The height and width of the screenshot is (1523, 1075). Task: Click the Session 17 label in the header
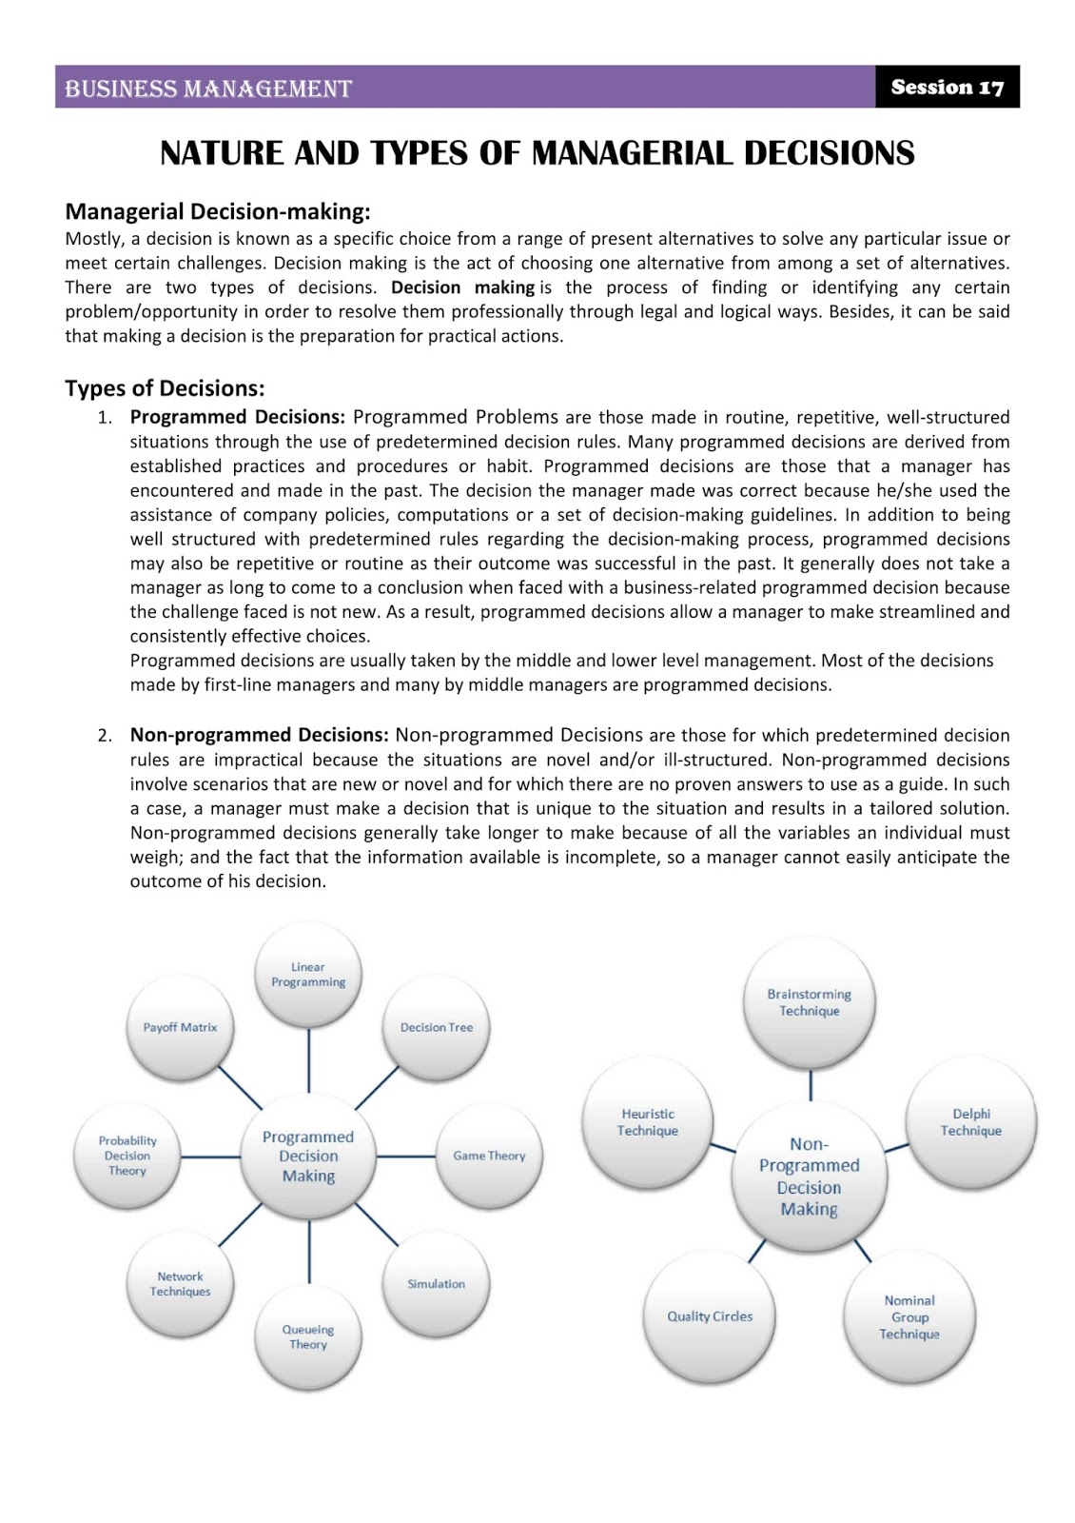tap(947, 88)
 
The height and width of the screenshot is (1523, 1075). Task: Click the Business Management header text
tap(208, 89)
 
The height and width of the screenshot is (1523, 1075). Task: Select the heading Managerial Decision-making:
tap(217, 211)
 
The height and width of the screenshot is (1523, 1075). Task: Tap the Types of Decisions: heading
tap(165, 388)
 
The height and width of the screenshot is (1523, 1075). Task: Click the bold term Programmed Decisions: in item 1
tap(237, 417)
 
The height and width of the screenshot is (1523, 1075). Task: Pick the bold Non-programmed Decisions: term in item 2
tap(259, 735)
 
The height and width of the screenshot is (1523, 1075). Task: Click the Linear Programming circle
tap(308, 975)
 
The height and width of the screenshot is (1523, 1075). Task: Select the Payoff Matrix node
tap(180, 1028)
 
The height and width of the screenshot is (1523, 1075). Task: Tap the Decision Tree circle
tap(436, 1028)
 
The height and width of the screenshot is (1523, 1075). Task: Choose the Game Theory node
tap(489, 1156)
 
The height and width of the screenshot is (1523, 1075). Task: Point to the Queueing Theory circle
tap(308, 1336)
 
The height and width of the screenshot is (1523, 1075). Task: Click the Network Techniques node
tap(180, 1283)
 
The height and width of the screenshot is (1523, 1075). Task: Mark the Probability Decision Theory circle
tap(127, 1156)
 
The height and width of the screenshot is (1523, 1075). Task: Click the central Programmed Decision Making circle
tap(308, 1156)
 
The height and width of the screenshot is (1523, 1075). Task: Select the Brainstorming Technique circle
tap(810, 1002)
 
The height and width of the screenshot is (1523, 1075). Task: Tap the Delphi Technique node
tap(970, 1122)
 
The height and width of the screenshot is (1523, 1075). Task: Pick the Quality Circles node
tap(710, 1316)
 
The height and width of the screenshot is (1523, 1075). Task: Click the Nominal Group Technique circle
tap(909, 1316)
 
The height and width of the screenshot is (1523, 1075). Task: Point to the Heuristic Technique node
tap(648, 1122)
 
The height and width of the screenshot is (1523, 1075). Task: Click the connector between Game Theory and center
tap(406, 1157)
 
